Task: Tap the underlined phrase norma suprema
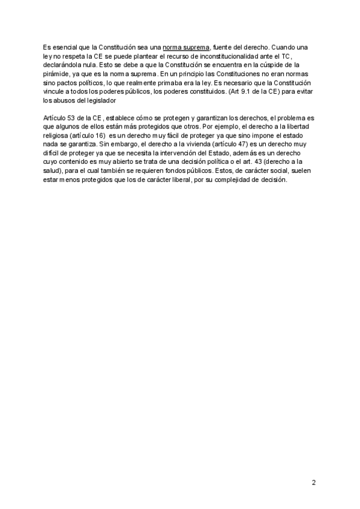click(186, 47)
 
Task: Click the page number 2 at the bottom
click(313, 483)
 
